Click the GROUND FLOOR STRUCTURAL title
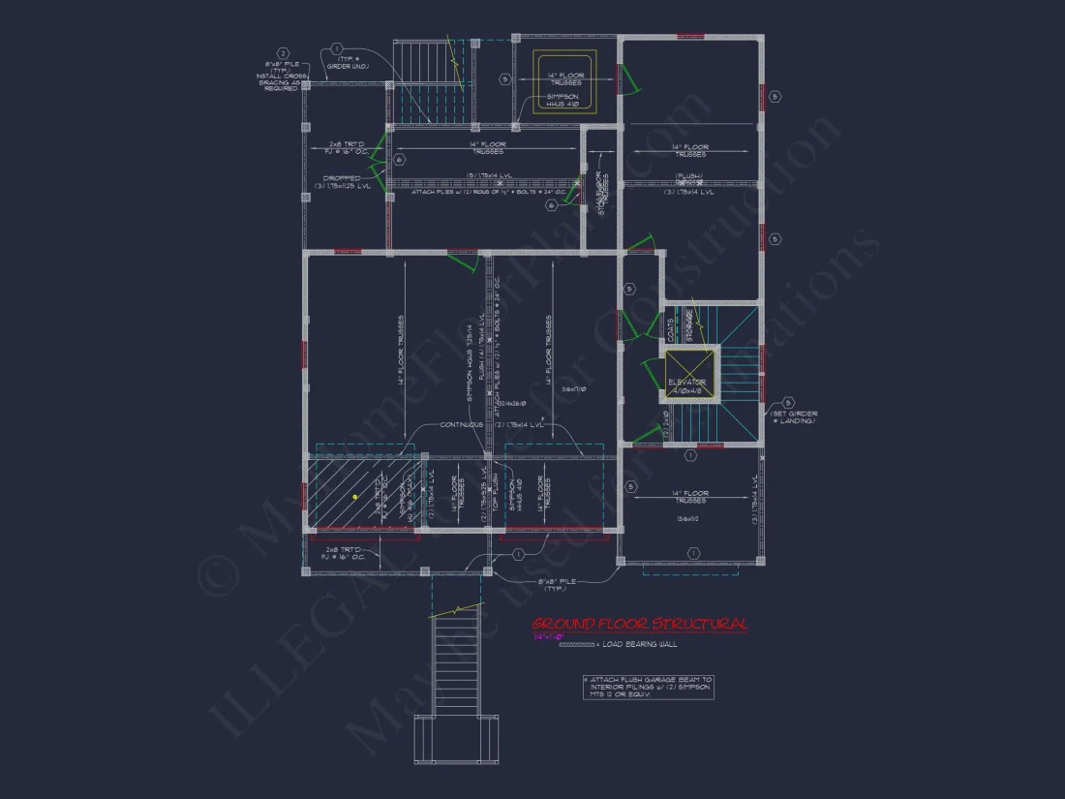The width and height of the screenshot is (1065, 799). (639, 624)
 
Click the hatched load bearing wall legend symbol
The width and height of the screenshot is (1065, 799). (578, 644)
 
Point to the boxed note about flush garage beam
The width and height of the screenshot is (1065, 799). (648, 687)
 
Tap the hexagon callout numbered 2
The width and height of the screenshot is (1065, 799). (283, 53)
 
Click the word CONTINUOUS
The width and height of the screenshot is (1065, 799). (462, 424)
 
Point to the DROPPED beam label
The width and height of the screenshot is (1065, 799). (343, 178)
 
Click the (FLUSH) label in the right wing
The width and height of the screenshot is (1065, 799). (688, 176)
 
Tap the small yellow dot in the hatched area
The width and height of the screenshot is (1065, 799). (355, 496)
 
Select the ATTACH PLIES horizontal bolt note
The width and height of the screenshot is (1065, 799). (473, 192)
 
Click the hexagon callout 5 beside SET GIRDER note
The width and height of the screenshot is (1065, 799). (788, 402)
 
